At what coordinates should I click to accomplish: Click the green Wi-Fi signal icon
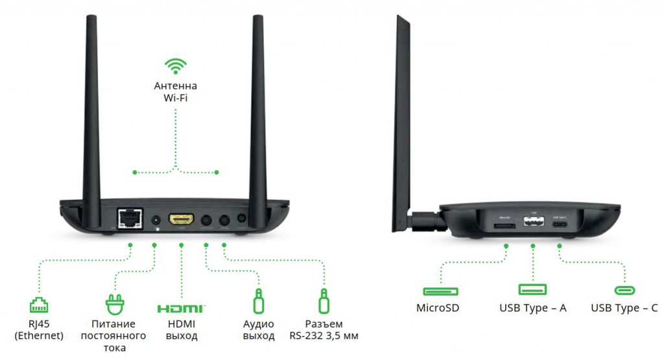pyautogui.click(x=175, y=66)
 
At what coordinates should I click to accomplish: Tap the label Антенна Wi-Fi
pyautogui.click(x=175, y=92)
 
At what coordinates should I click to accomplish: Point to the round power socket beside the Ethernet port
pyautogui.click(x=156, y=220)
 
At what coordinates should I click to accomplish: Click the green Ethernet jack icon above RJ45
pyautogui.click(x=39, y=304)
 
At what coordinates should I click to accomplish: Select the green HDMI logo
pyautogui.click(x=181, y=307)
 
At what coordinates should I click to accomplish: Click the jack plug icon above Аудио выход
pyautogui.click(x=258, y=302)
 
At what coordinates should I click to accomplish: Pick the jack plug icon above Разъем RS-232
pyautogui.click(x=323, y=302)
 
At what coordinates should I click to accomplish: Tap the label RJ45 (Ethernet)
pyautogui.click(x=39, y=330)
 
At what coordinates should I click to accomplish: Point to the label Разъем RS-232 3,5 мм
pyautogui.click(x=323, y=330)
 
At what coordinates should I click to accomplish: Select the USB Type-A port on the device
pyautogui.click(x=533, y=224)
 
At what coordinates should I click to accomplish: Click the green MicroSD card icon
pyautogui.click(x=441, y=291)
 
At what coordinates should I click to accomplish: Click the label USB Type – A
pyautogui.click(x=533, y=308)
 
